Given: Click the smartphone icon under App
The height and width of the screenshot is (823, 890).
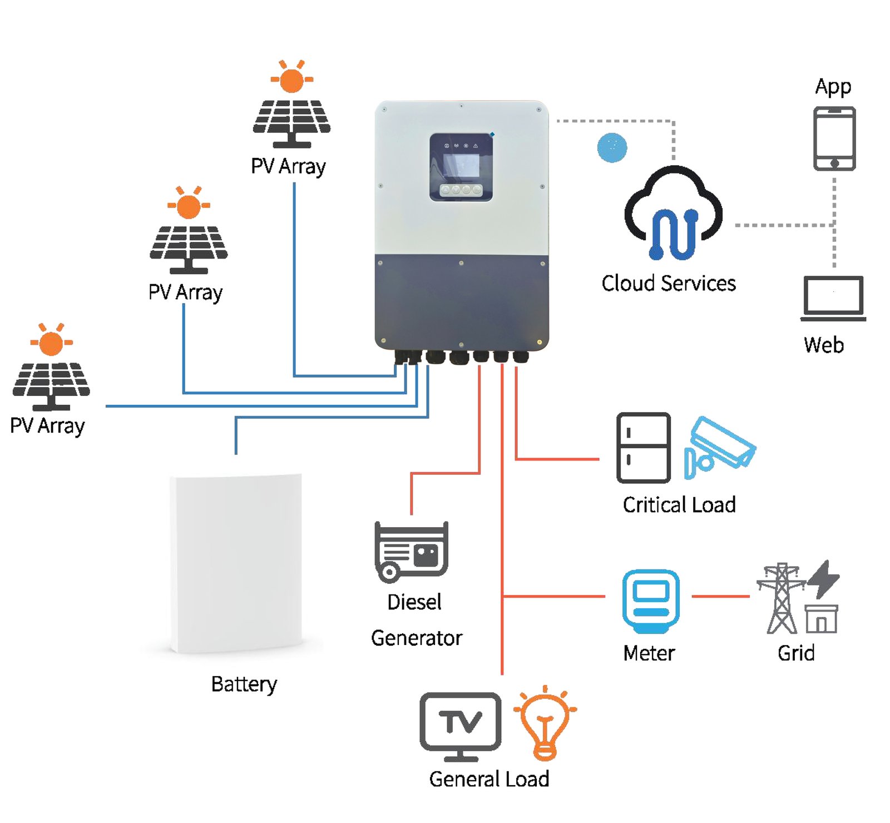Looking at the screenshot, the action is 834,138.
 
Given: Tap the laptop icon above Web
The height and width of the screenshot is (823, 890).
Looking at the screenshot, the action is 833,299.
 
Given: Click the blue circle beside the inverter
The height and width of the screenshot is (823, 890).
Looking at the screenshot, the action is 612,147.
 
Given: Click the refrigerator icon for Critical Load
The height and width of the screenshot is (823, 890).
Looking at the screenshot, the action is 643,448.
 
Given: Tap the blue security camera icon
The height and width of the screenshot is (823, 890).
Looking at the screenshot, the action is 719,447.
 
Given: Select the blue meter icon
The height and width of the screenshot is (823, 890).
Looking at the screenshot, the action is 651,601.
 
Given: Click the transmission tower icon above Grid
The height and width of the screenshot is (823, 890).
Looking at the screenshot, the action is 782,598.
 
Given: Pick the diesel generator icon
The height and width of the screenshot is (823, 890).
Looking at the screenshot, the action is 411,552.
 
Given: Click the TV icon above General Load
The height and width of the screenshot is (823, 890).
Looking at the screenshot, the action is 461,726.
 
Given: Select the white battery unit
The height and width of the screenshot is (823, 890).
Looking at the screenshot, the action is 237,563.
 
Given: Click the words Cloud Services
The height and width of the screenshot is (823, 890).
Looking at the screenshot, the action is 669,284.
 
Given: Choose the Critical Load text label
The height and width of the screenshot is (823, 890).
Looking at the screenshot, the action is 679,505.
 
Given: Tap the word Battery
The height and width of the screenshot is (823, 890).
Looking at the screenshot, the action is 244,685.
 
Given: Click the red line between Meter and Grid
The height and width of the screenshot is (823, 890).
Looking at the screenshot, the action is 721,596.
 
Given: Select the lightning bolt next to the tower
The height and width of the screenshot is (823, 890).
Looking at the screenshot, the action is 823,579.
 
